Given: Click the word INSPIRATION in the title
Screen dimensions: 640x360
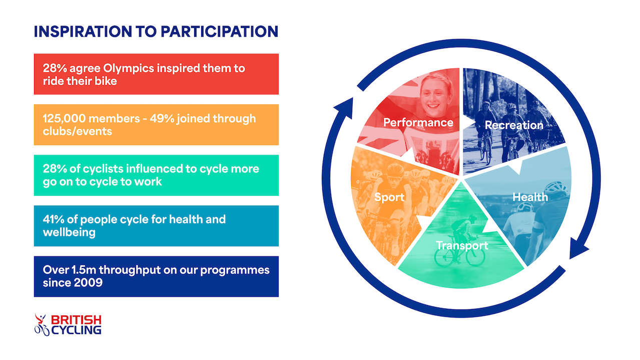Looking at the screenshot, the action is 83,32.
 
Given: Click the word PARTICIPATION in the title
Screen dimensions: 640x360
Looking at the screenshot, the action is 220,32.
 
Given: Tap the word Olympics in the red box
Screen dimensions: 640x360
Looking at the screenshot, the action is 129,69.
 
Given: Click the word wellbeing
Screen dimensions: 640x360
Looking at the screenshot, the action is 69,232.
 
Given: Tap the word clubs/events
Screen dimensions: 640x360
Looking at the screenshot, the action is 78,131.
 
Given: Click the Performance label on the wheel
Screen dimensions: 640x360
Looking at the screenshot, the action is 418,122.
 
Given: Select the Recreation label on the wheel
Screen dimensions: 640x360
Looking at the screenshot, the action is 514,125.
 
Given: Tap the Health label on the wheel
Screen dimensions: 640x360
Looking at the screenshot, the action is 530,197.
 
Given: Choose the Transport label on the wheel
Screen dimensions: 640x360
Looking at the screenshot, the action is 462,246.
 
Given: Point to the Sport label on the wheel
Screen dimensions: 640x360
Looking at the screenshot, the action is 389,197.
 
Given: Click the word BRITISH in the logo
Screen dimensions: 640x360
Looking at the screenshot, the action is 76,319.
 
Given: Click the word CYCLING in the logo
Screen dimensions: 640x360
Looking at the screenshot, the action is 76,330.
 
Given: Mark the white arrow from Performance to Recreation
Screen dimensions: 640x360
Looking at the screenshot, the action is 468,122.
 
